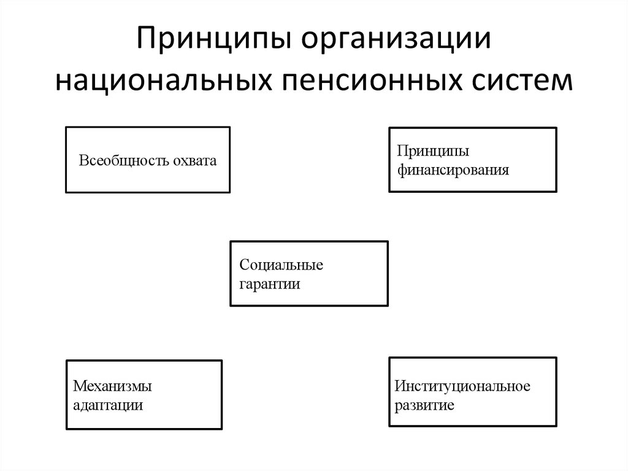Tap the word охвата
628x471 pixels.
pyautogui.click(x=194, y=161)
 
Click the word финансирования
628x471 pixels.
pyautogui.click(x=453, y=170)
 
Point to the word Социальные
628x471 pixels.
pyautogui.click(x=281, y=265)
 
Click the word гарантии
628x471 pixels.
pyautogui.click(x=270, y=284)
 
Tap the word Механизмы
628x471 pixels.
pyautogui.click(x=112, y=386)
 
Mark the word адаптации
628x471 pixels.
pyautogui.click(x=108, y=405)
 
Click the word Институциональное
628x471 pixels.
pyautogui.click(x=462, y=386)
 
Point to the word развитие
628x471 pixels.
pyautogui.click(x=424, y=405)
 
